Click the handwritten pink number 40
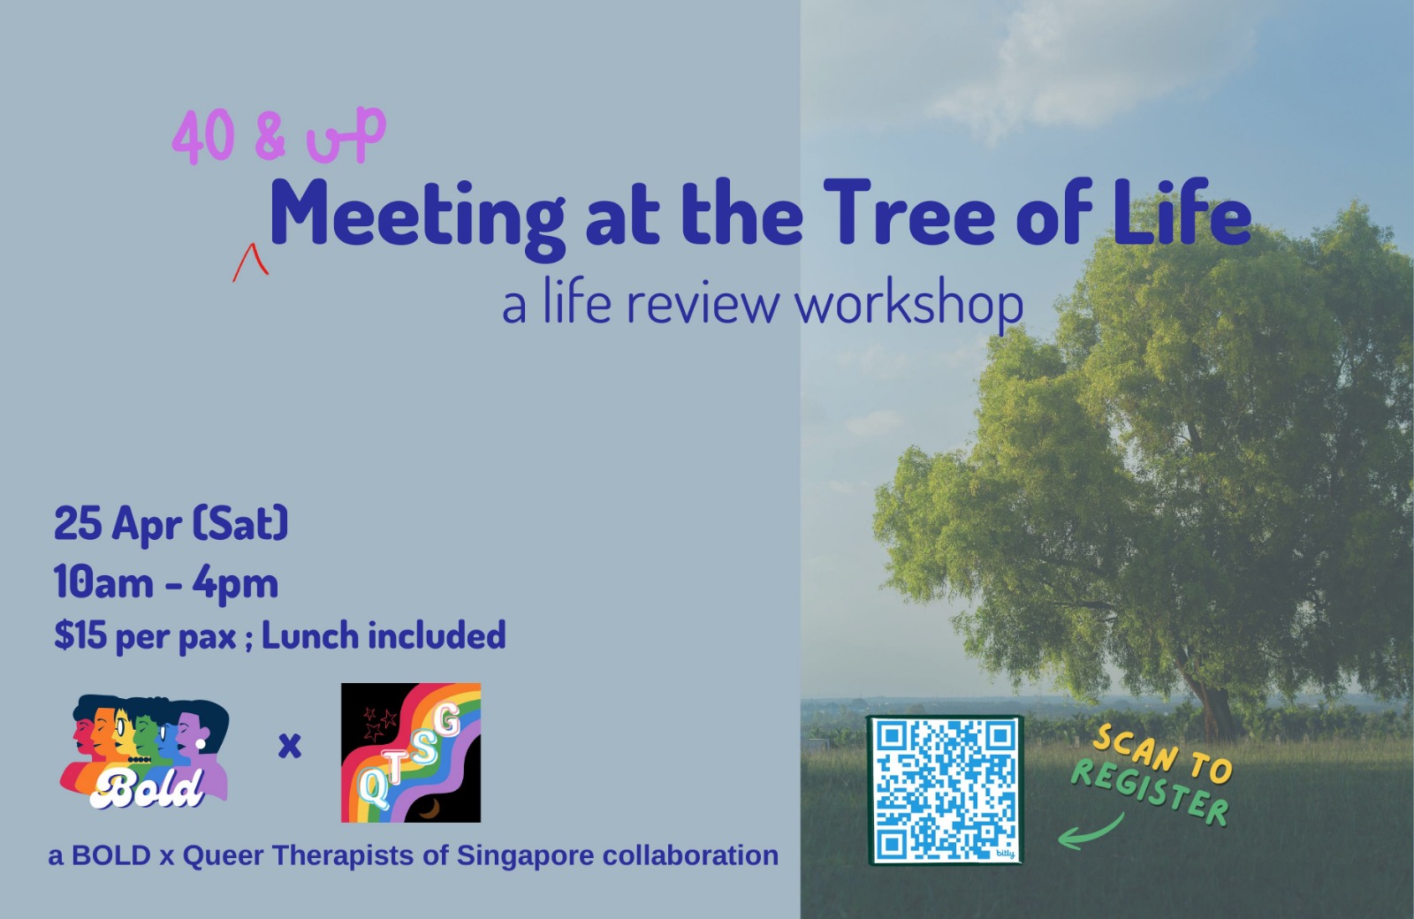click(x=203, y=136)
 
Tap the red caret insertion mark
click(x=251, y=262)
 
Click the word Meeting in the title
click(x=416, y=216)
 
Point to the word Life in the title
click(x=1181, y=210)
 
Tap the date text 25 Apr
click(x=118, y=525)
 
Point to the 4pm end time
click(x=235, y=585)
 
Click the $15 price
click(x=80, y=635)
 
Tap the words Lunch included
click(x=384, y=635)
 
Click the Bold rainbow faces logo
click(x=145, y=751)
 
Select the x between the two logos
click(x=290, y=746)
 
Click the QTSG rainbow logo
click(x=411, y=752)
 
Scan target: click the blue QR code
click(x=946, y=790)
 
